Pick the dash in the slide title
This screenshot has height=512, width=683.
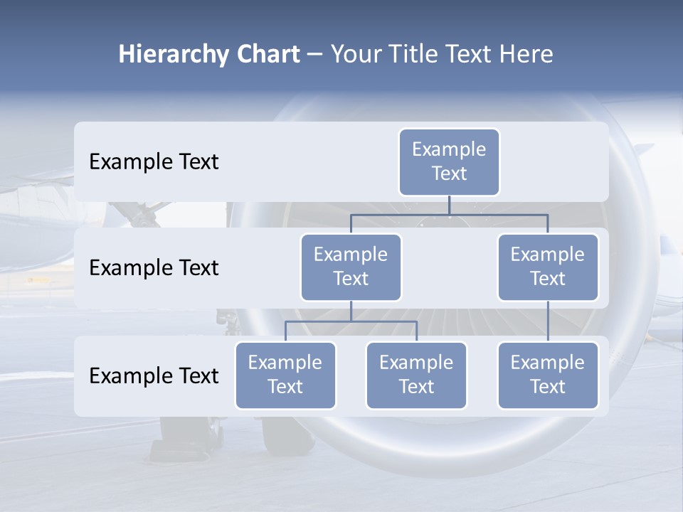(314, 55)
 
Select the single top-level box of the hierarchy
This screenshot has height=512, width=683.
(449, 162)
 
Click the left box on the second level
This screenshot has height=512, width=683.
(351, 267)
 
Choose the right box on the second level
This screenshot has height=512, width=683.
(548, 267)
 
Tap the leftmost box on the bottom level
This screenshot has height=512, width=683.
(285, 375)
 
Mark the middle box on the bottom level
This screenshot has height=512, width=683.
(416, 375)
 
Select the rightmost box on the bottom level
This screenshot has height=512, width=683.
(548, 375)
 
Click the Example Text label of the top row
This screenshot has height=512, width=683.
(154, 162)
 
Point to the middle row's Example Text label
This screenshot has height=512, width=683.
(154, 268)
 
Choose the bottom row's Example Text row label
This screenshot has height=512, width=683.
(154, 376)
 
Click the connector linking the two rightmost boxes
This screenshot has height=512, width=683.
(548, 321)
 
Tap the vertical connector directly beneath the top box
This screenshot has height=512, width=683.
(449, 205)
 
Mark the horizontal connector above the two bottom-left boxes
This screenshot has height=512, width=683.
(351, 321)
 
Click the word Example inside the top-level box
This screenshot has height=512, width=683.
(449, 149)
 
